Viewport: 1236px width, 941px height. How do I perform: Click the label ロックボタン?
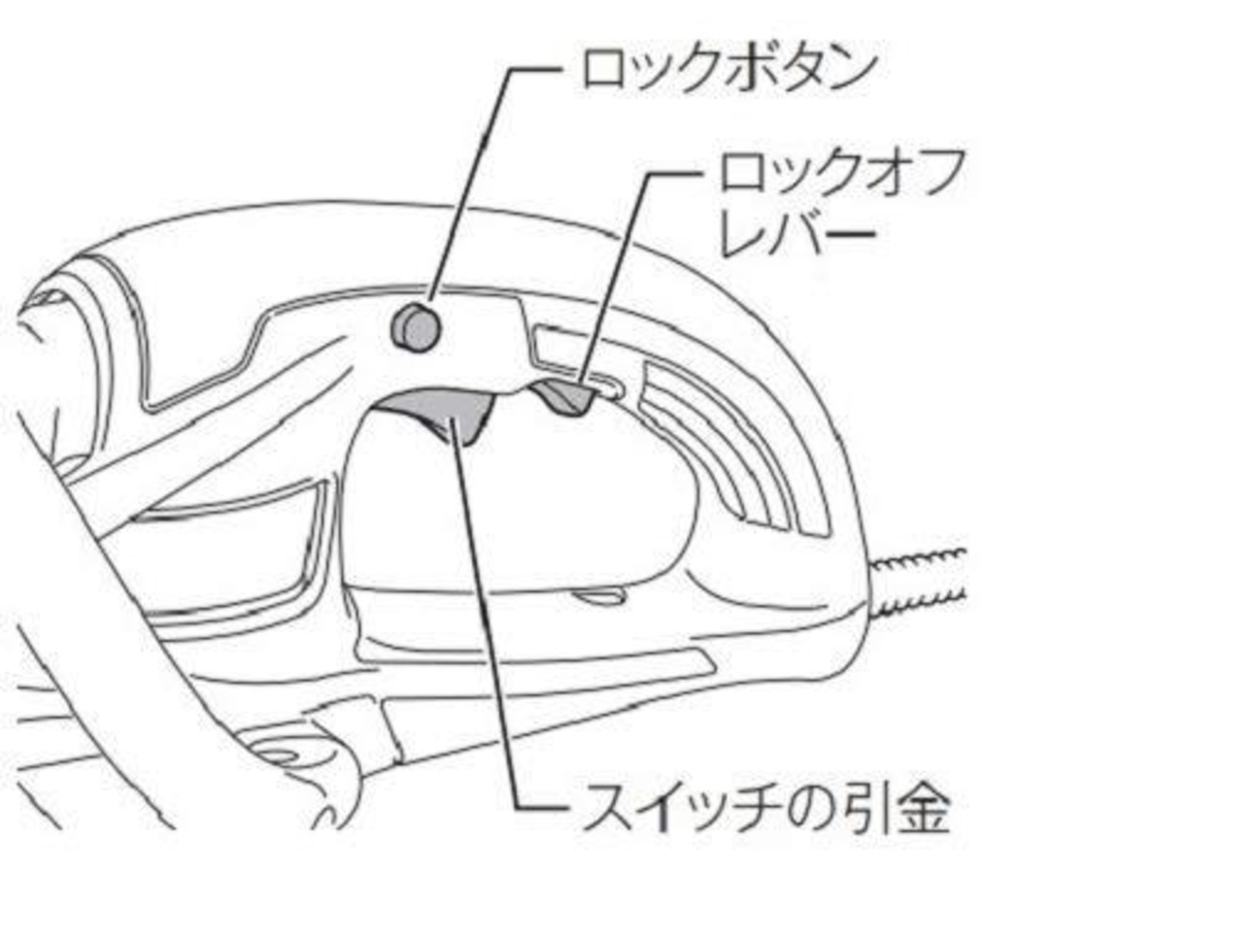point(728,69)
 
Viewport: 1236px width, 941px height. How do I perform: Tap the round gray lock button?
point(415,328)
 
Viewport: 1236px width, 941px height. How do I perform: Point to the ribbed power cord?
point(922,579)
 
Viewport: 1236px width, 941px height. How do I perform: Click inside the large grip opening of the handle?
point(521,502)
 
